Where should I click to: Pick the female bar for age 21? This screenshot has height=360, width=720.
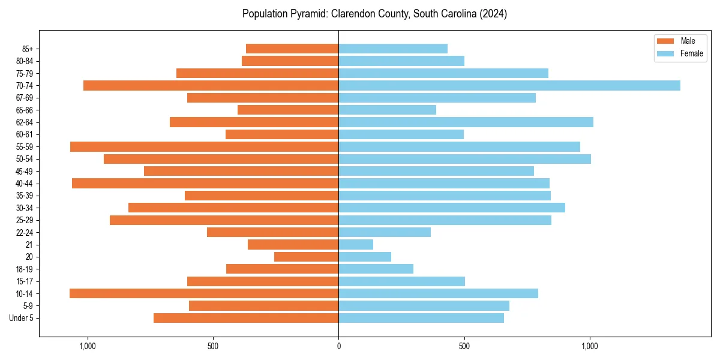click(x=356, y=244)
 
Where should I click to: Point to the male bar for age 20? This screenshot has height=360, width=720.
click(x=306, y=257)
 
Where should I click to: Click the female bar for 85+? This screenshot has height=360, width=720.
click(x=393, y=49)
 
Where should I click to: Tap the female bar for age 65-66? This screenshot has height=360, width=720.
click(x=387, y=110)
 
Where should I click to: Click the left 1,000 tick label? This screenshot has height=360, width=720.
click(x=88, y=346)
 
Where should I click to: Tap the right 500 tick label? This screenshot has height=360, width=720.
click(x=464, y=346)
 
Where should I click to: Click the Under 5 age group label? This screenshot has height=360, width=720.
click(x=22, y=318)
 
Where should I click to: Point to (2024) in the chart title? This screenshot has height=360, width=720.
click(x=494, y=14)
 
